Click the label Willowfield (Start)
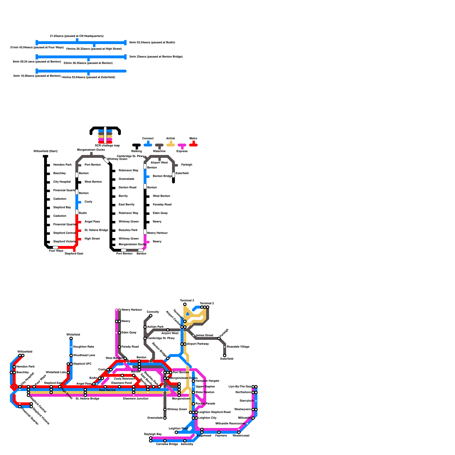pos(45,151)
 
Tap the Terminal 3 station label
pos(187,301)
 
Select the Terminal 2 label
pos(207,303)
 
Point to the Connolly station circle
pos(151,316)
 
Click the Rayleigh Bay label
pos(153,434)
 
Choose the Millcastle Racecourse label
pos(230,424)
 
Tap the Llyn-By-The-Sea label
pos(240,387)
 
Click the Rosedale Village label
pos(238,347)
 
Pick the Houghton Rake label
pos(84,347)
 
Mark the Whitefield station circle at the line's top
pos(71,338)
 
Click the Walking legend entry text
pos(136,151)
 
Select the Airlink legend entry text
pos(171,138)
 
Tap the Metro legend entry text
pos(193,138)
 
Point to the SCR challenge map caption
pos(107,146)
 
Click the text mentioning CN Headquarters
pos(77,36)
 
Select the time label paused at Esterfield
pos(88,77)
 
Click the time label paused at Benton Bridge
pos(156,57)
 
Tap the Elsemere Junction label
pos(136,399)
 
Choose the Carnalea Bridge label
pos(167,444)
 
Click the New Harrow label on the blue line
pos(107,390)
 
